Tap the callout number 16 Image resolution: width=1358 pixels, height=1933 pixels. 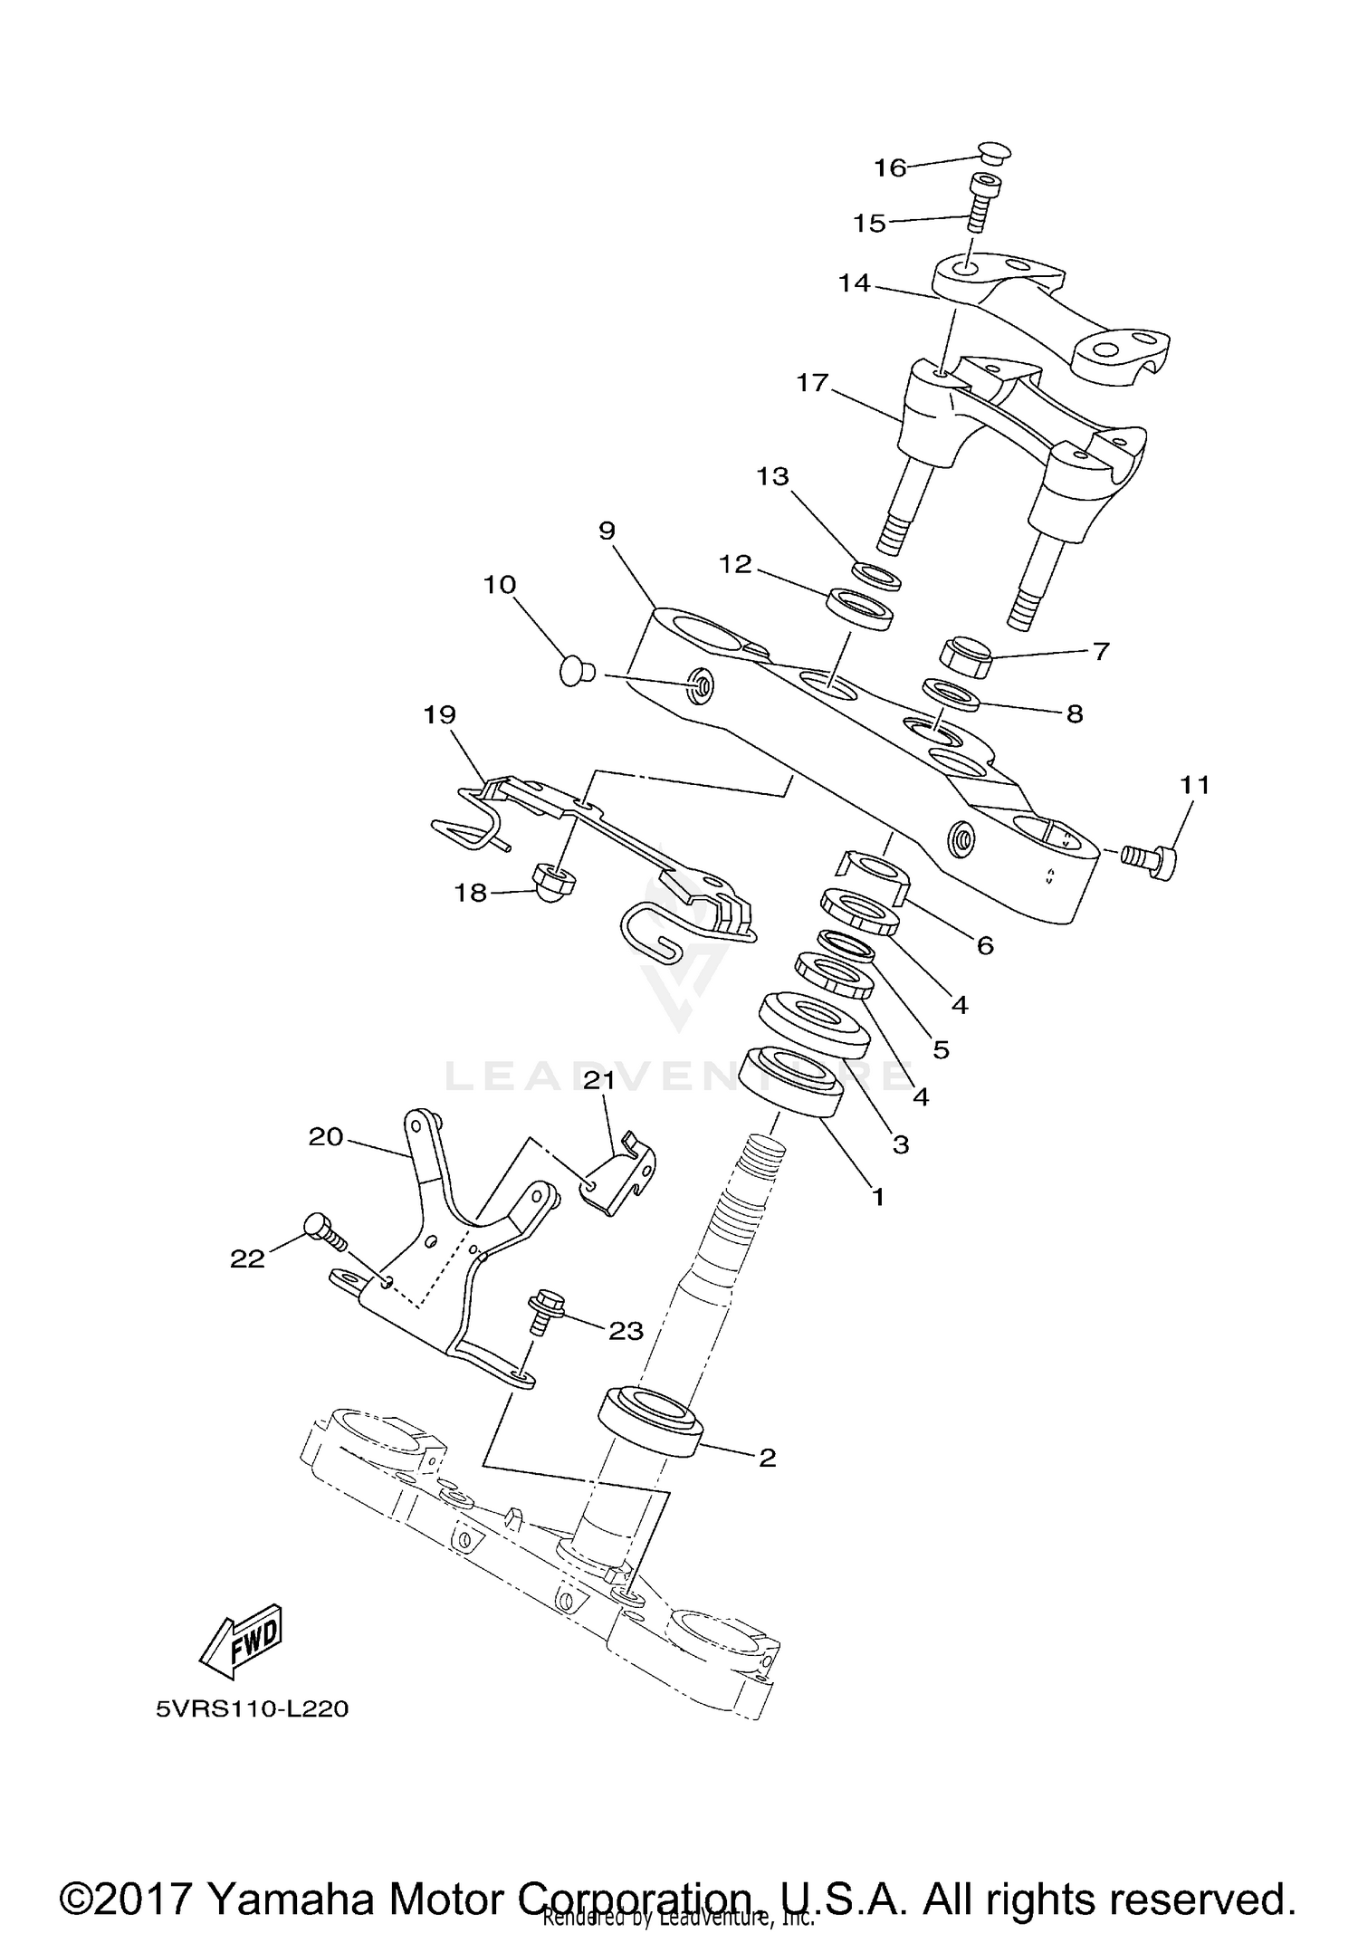890,167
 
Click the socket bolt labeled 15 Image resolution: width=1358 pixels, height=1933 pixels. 977,204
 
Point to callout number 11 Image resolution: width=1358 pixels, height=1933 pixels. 1195,784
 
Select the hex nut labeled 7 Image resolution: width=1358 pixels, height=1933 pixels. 967,656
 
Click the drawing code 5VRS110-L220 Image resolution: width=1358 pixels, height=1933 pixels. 252,1709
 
